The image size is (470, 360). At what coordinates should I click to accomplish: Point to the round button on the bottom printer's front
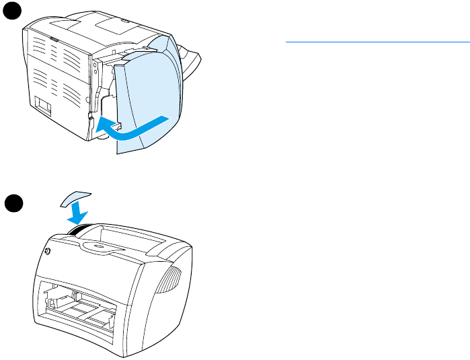[48, 252]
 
